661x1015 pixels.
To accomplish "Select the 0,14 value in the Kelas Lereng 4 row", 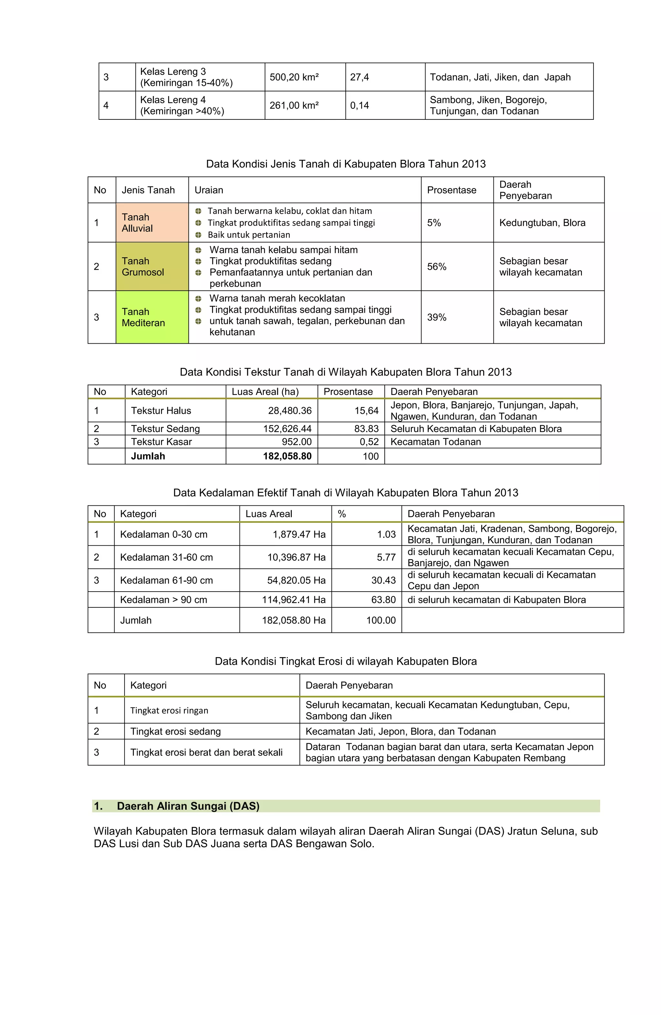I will pyautogui.click(x=359, y=105).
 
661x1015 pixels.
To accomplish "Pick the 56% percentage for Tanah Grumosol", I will pyautogui.click(x=436, y=267).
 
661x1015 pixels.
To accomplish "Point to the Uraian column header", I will pyautogui.click(x=208, y=190).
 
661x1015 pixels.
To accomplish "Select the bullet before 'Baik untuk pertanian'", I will pyautogui.click(x=198, y=235).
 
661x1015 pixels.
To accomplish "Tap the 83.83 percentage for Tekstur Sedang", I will pyautogui.click(x=366, y=429).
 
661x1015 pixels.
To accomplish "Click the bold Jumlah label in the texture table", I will pyautogui.click(x=147, y=456).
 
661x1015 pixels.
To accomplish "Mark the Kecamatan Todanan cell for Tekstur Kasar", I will pyautogui.click(x=435, y=442).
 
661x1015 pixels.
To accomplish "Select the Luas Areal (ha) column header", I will pyautogui.click(x=265, y=391).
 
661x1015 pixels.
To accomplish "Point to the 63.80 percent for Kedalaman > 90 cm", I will pyautogui.click(x=383, y=600).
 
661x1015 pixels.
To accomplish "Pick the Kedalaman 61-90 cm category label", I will pyautogui.click(x=166, y=580).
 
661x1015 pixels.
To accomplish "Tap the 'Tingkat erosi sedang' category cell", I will pyautogui.click(x=175, y=731).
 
